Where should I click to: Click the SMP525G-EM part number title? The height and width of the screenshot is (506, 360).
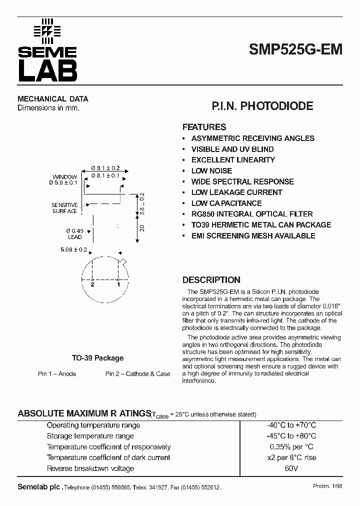point(295,50)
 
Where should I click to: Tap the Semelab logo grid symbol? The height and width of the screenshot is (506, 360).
point(46,31)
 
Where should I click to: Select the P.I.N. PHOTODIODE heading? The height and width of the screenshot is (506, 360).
point(262,106)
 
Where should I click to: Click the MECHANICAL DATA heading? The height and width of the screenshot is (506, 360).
point(53,99)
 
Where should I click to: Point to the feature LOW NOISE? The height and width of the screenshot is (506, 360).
point(211,170)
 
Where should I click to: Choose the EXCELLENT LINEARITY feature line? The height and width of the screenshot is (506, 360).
point(233,160)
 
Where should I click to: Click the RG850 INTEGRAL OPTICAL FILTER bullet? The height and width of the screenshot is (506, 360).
point(252,214)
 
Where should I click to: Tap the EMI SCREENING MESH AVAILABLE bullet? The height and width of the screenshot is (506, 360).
point(253,235)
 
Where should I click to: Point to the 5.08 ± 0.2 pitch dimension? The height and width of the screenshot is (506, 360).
point(73,249)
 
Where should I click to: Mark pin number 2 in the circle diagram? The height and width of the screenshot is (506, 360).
point(92,284)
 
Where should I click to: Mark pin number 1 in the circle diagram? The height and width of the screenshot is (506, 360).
point(118,284)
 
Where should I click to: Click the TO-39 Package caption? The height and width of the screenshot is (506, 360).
point(97,358)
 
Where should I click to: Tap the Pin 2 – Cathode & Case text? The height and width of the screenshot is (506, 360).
point(137,374)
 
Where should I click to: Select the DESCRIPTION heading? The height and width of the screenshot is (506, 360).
point(211,280)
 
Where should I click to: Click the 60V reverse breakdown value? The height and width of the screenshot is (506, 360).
point(291,468)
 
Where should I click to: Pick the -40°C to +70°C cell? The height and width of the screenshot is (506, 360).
point(291,425)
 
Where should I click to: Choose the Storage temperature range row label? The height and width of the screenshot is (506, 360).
point(90,436)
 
